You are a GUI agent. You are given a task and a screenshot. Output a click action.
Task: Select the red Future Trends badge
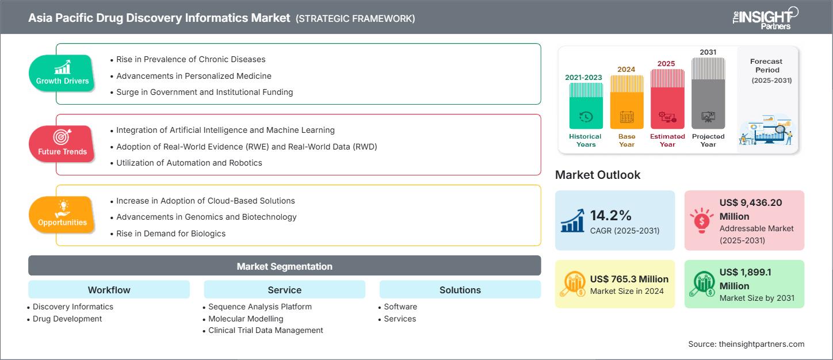[62, 144]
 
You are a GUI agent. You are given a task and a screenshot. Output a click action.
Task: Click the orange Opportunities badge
[62, 215]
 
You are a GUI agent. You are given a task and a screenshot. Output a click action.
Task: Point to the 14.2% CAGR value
[611, 216]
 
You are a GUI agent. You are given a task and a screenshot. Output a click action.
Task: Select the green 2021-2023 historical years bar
[586, 106]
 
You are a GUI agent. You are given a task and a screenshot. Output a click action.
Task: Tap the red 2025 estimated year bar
[667, 99]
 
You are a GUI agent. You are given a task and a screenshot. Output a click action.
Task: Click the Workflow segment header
[109, 290]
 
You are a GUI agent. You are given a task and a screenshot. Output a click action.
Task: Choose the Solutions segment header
[460, 290]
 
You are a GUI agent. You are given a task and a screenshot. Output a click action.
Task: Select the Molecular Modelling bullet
[246, 319]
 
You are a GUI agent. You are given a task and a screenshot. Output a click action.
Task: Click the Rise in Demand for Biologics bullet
[171, 233]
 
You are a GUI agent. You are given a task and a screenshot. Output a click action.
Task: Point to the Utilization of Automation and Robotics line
[189, 163]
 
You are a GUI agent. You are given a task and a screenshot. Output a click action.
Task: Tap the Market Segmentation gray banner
[284, 266]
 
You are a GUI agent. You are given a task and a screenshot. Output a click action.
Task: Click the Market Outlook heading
[598, 175]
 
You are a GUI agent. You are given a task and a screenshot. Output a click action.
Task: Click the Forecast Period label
[766, 66]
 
